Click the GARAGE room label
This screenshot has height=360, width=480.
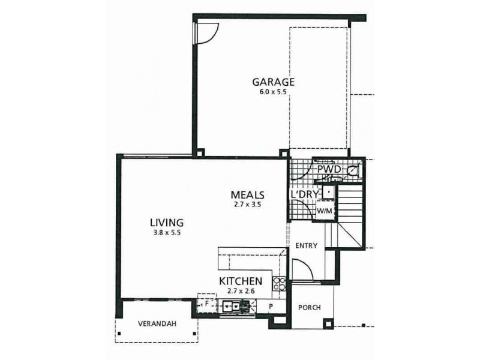(x=272, y=82)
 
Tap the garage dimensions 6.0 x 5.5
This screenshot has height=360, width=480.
(x=272, y=93)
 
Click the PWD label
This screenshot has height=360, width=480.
(x=329, y=170)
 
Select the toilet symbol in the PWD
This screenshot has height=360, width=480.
(x=353, y=170)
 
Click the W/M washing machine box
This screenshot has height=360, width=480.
(x=324, y=211)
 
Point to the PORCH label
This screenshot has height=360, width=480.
(x=308, y=308)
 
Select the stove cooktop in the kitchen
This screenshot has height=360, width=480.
(x=278, y=285)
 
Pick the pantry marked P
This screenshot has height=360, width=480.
(x=271, y=306)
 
